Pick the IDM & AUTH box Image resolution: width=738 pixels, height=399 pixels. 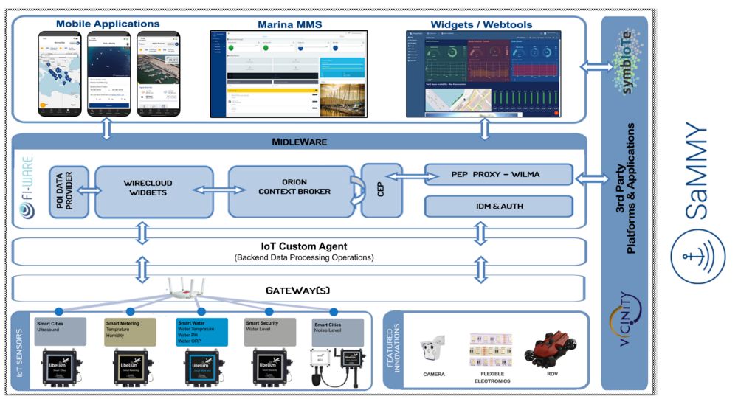[499, 207]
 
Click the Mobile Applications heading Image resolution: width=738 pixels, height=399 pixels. [108, 24]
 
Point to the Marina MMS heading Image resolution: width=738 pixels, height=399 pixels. [289, 24]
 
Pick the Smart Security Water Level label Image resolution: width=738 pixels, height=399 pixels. [270, 327]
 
